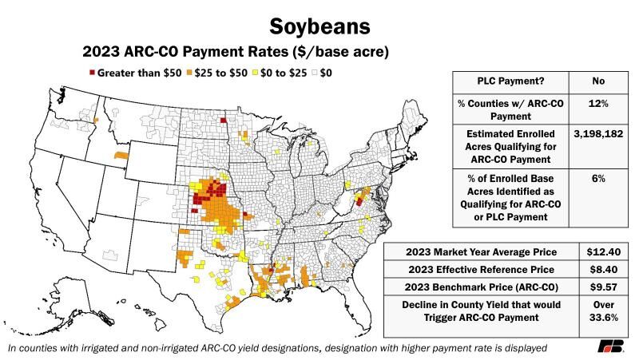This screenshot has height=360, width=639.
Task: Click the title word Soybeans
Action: [x=319, y=25]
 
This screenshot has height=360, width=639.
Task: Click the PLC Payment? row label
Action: [x=510, y=81]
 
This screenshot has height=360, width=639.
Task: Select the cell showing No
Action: [x=597, y=81]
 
